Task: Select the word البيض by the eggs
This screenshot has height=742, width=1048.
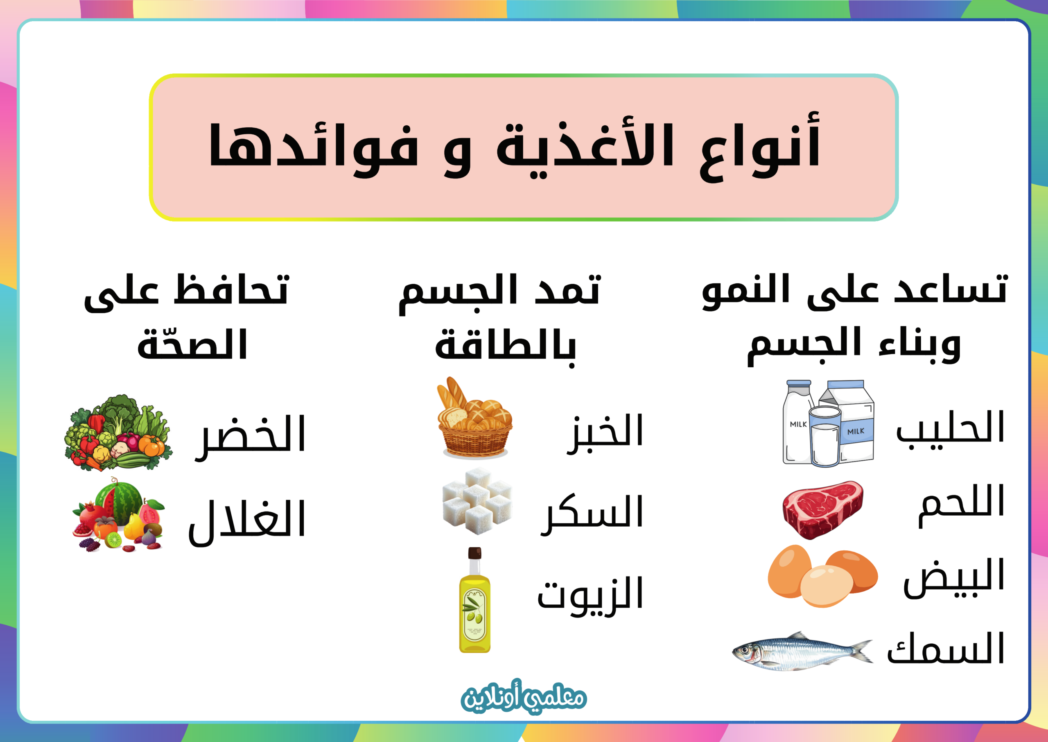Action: point(953,579)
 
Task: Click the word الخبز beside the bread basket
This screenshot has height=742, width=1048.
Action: point(605,432)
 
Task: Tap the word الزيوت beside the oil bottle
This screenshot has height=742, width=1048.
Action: point(590,596)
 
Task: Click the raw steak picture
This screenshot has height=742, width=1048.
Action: point(822,509)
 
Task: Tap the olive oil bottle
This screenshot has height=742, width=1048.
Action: point(474,600)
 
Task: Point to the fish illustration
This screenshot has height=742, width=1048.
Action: point(802,651)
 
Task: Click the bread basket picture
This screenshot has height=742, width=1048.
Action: point(475,418)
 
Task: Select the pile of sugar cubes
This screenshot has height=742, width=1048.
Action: point(478,501)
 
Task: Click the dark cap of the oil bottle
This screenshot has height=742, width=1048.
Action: point(475,553)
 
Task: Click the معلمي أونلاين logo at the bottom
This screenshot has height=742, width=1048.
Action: point(524,698)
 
